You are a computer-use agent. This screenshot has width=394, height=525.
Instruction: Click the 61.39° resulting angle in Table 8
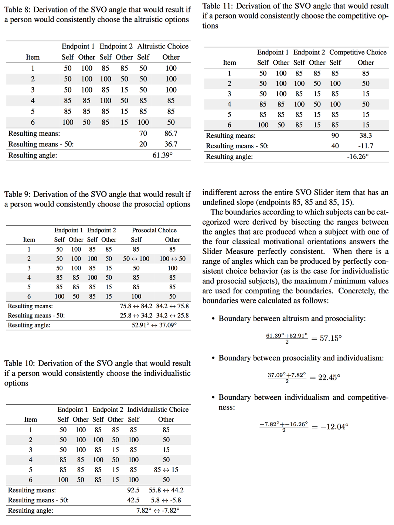point(162,155)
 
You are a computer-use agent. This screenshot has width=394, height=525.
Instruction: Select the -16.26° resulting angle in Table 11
point(357,157)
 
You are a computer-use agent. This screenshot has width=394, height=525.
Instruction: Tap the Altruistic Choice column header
point(163,46)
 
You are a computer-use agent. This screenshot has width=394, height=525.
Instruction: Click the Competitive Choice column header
point(357,52)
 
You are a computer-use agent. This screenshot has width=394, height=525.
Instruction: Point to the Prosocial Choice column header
point(154,230)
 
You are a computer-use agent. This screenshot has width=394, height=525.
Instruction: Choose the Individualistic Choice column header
point(158,410)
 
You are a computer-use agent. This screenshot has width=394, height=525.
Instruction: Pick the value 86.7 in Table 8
point(171,133)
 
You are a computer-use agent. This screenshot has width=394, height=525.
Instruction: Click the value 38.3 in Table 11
point(365,135)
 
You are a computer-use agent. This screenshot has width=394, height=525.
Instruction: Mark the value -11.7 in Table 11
point(365,146)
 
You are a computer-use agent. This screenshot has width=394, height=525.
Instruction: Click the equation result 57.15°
point(330,338)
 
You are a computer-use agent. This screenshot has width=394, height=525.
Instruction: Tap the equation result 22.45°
point(329,377)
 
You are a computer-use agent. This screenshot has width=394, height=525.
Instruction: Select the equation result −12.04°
point(334,427)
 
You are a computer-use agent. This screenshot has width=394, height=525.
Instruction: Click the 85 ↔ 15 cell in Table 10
point(166,470)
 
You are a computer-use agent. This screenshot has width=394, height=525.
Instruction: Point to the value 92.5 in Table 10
point(133,490)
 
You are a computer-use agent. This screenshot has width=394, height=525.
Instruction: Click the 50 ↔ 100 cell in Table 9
point(136,259)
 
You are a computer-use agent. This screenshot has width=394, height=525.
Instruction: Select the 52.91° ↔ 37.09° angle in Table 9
point(154,325)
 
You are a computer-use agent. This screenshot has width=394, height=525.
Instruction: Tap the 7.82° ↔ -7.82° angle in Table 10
point(158,510)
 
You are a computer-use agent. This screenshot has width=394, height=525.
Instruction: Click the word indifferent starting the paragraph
point(220,192)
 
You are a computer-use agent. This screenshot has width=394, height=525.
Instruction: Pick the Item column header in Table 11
point(229,63)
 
